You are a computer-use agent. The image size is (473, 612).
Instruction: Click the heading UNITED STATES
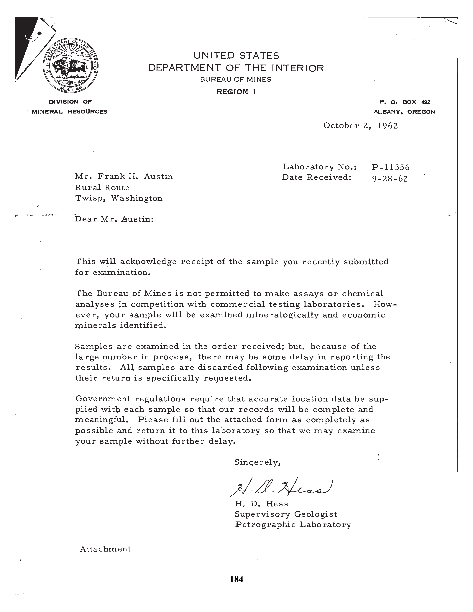(x=236, y=55)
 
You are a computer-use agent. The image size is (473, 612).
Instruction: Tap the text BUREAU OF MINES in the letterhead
(x=236, y=80)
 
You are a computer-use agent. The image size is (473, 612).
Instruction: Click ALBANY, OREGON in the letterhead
(x=404, y=112)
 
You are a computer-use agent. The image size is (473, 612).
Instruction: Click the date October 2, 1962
(x=360, y=126)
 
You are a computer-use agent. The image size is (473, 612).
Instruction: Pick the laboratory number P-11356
(x=391, y=167)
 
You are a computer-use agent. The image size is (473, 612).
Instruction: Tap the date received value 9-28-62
(x=390, y=178)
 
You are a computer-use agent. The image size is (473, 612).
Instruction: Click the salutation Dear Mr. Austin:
(x=114, y=219)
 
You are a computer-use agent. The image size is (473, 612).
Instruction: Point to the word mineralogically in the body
(x=282, y=315)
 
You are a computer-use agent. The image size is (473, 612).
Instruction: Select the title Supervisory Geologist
(x=286, y=514)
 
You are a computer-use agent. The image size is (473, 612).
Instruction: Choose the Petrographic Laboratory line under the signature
(x=293, y=525)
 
